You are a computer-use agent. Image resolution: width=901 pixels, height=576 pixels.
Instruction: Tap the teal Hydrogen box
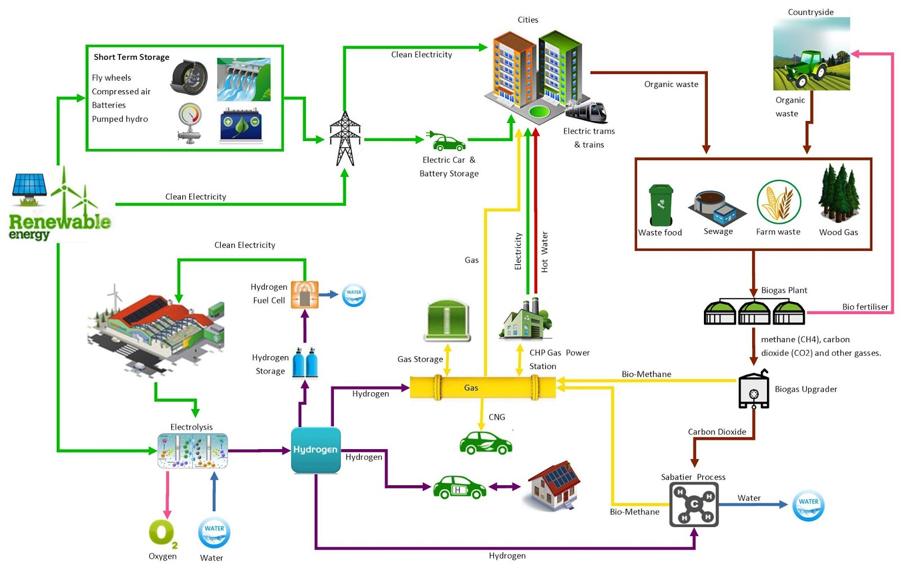315,450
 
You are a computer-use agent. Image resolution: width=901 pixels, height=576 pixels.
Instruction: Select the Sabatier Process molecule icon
694,504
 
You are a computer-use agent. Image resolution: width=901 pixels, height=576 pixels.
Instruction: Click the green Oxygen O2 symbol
162,533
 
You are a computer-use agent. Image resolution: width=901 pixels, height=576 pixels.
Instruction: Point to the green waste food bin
661,205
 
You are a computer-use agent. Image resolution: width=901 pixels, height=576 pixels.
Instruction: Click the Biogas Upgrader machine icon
753,390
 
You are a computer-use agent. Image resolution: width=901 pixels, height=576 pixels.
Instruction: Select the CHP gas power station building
525,320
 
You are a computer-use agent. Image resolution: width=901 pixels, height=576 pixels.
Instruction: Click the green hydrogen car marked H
459,488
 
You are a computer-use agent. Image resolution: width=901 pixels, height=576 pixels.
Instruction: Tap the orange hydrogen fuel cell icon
305,294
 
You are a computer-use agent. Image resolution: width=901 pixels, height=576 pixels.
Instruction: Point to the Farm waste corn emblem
778,202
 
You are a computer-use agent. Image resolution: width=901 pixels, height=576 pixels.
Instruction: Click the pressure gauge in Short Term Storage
190,122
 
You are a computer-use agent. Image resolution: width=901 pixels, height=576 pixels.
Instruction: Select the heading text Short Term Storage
131,57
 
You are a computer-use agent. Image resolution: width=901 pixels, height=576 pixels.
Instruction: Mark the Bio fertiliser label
865,307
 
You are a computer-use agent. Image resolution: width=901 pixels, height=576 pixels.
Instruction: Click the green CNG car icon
486,443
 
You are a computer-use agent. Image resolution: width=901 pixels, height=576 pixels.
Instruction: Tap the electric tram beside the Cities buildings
587,111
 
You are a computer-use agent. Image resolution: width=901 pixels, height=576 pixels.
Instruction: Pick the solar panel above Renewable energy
29,185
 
